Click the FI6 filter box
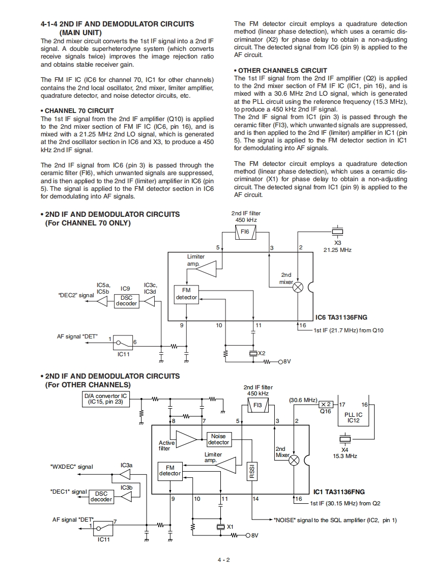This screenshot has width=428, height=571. [x=245, y=232]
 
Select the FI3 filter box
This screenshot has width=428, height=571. [x=258, y=405]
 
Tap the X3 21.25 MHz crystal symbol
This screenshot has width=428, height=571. [x=337, y=232]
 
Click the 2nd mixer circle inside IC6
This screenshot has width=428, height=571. [x=298, y=288]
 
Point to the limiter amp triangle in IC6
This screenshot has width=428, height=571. [x=207, y=269]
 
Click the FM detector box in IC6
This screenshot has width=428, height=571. [x=186, y=294]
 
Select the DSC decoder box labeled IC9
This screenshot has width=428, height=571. [x=126, y=301]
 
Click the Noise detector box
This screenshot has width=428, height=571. [x=218, y=439]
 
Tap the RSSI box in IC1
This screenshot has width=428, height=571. [x=252, y=471]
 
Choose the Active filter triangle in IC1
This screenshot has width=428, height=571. [x=186, y=439]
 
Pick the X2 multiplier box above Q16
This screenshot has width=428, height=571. [x=326, y=405]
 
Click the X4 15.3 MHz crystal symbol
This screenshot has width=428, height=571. [x=345, y=439]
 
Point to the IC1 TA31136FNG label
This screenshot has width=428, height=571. [x=339, y=492]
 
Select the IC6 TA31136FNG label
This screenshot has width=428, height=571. [x=341, y=318]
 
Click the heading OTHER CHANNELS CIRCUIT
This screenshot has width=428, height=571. [x=280, y=70]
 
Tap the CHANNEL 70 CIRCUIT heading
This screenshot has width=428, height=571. [x=77, y=111]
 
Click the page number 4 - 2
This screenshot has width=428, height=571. [x=223, y=560]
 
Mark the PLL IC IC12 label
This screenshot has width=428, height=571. [x=353, y=417]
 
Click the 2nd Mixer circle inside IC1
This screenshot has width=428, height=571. [x=294, y=461]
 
